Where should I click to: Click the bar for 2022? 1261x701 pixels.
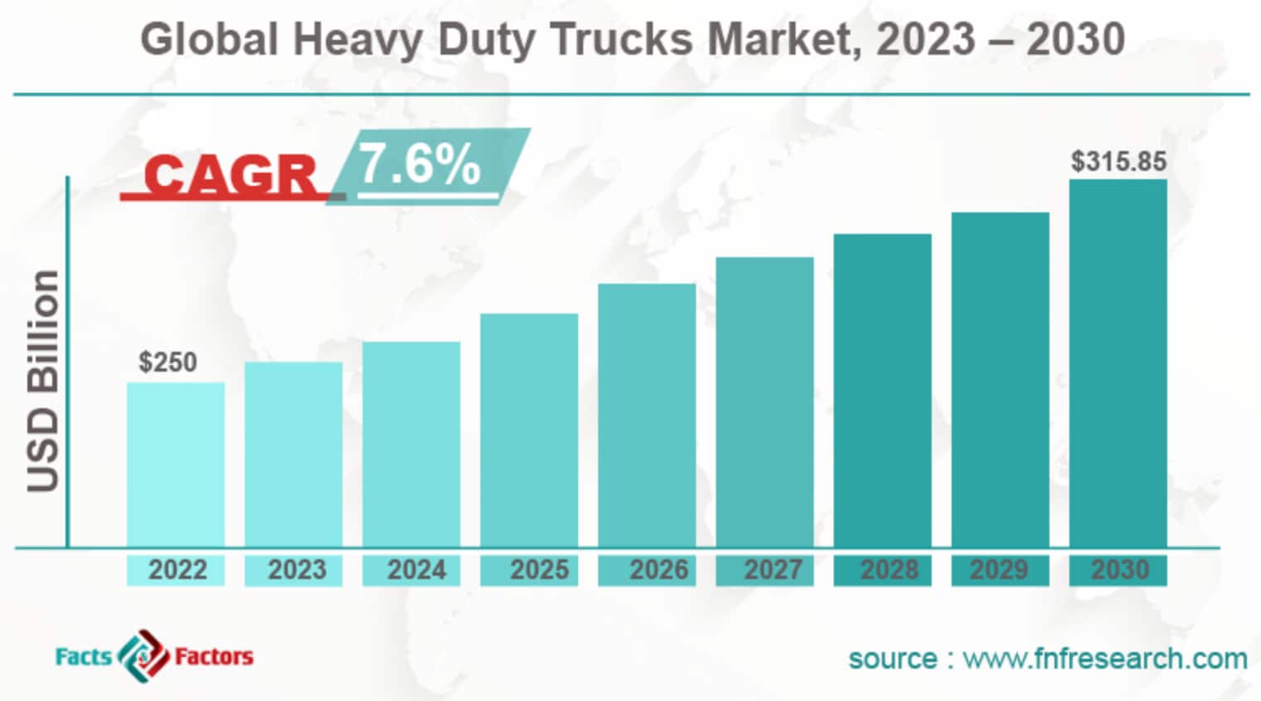[175, 465]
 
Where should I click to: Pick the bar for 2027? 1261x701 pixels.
[764, 402]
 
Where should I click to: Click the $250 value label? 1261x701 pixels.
[168, 363]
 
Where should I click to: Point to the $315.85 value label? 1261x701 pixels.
[1117, 161]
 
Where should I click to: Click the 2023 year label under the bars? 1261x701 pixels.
[296, 570]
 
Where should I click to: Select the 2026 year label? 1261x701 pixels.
[658, 570]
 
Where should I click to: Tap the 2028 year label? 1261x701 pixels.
[889, 570]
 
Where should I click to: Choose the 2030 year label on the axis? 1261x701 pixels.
[1119, 570]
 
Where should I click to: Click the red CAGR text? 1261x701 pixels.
[231, 175]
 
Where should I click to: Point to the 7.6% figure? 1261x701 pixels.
[420, 164]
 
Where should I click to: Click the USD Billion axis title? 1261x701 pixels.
[43, 381]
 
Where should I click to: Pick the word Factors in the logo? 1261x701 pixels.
[214, 657]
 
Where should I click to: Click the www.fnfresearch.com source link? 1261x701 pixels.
[1104, 659]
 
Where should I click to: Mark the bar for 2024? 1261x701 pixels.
[411, 444]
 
